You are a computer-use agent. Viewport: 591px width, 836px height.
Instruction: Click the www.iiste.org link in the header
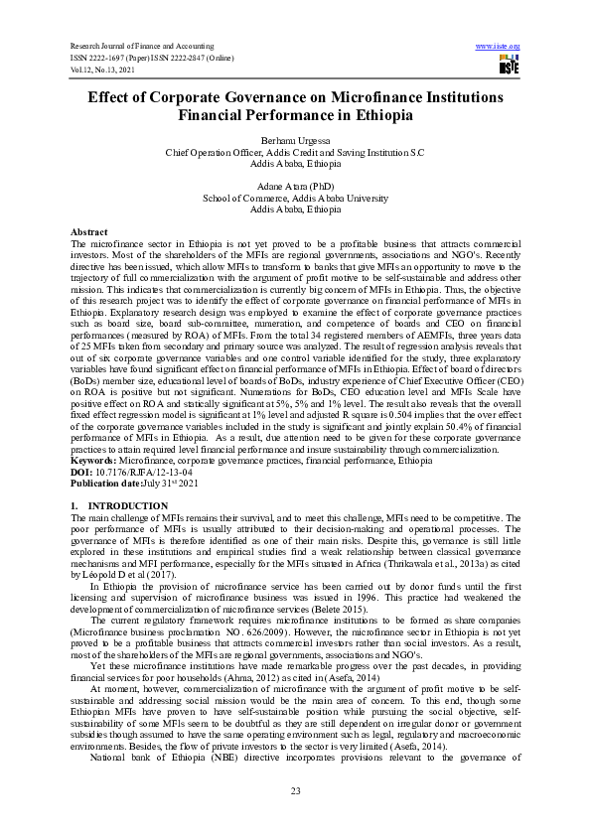[x=499, y=47]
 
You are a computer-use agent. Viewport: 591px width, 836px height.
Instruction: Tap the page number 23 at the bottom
[x=295, y=789]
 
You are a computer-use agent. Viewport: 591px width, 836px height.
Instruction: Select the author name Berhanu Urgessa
[x=295, y=143]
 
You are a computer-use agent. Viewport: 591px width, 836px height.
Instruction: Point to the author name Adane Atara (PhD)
[x=295, y=186]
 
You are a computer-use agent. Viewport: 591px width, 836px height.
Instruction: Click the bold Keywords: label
[x=95, y=461]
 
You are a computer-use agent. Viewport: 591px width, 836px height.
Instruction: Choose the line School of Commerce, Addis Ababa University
[x=295, y=198]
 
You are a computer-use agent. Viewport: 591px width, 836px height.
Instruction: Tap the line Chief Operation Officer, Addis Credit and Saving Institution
[x=295, y=154]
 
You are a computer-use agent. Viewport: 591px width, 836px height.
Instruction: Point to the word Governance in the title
[x=284, y=98]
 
